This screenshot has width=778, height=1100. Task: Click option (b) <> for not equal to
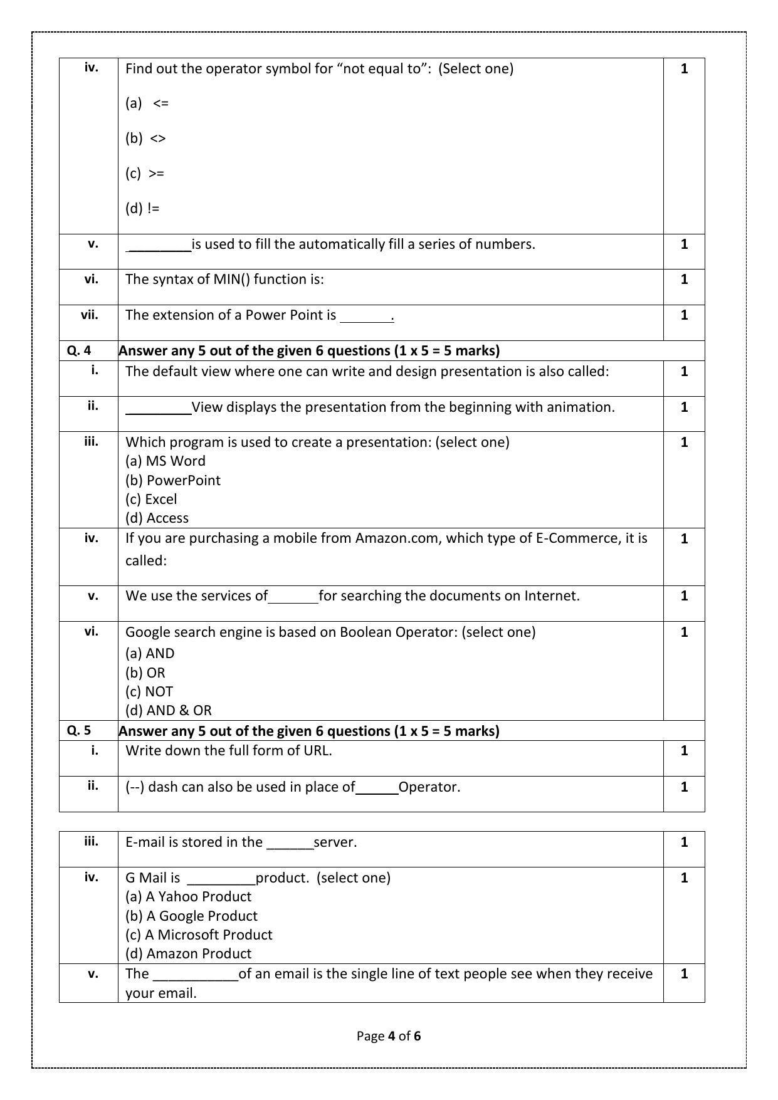click(145, 138)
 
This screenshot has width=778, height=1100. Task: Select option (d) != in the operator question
click(142, 208)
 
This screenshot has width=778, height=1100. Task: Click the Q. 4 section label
click(79, 350)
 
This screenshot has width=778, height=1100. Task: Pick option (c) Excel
click(151, 499)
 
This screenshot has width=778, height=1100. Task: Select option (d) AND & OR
click(169, 710)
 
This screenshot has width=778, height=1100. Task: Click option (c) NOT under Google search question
click(149, 691)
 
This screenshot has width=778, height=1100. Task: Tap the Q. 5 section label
click(79, 730)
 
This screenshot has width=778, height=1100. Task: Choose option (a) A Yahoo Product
click(188, 896)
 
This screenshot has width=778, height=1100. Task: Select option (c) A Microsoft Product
click(199, 935)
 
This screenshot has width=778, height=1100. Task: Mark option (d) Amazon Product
click(188, 953)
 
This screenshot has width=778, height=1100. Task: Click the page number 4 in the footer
click(392, 1036)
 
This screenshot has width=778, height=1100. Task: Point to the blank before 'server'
click(290, 844)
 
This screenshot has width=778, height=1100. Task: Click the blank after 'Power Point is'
click(365, 317)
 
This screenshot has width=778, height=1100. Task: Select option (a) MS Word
click(166, 461)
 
